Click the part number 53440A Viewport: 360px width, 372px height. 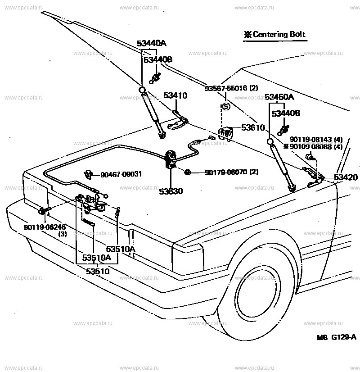point(152,44)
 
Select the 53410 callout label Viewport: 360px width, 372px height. point(175,96)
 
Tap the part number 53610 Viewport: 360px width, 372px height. point(253,128)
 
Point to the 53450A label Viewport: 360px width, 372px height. point(279,97)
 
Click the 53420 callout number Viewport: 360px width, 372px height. point(346,177)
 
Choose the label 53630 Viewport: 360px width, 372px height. point(171,191)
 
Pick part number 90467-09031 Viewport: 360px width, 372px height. point(121,174)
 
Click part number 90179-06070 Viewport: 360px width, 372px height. point(231,172)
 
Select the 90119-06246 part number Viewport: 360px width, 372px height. point(45,227)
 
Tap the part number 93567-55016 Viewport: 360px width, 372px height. point(231,88)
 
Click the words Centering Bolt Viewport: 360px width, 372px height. point(279,35)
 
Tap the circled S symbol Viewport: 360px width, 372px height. point(226,107)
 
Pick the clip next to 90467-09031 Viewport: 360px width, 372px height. point(88,174)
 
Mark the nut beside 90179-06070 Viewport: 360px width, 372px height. point(189,171)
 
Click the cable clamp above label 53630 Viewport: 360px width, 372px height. point(171,159)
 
